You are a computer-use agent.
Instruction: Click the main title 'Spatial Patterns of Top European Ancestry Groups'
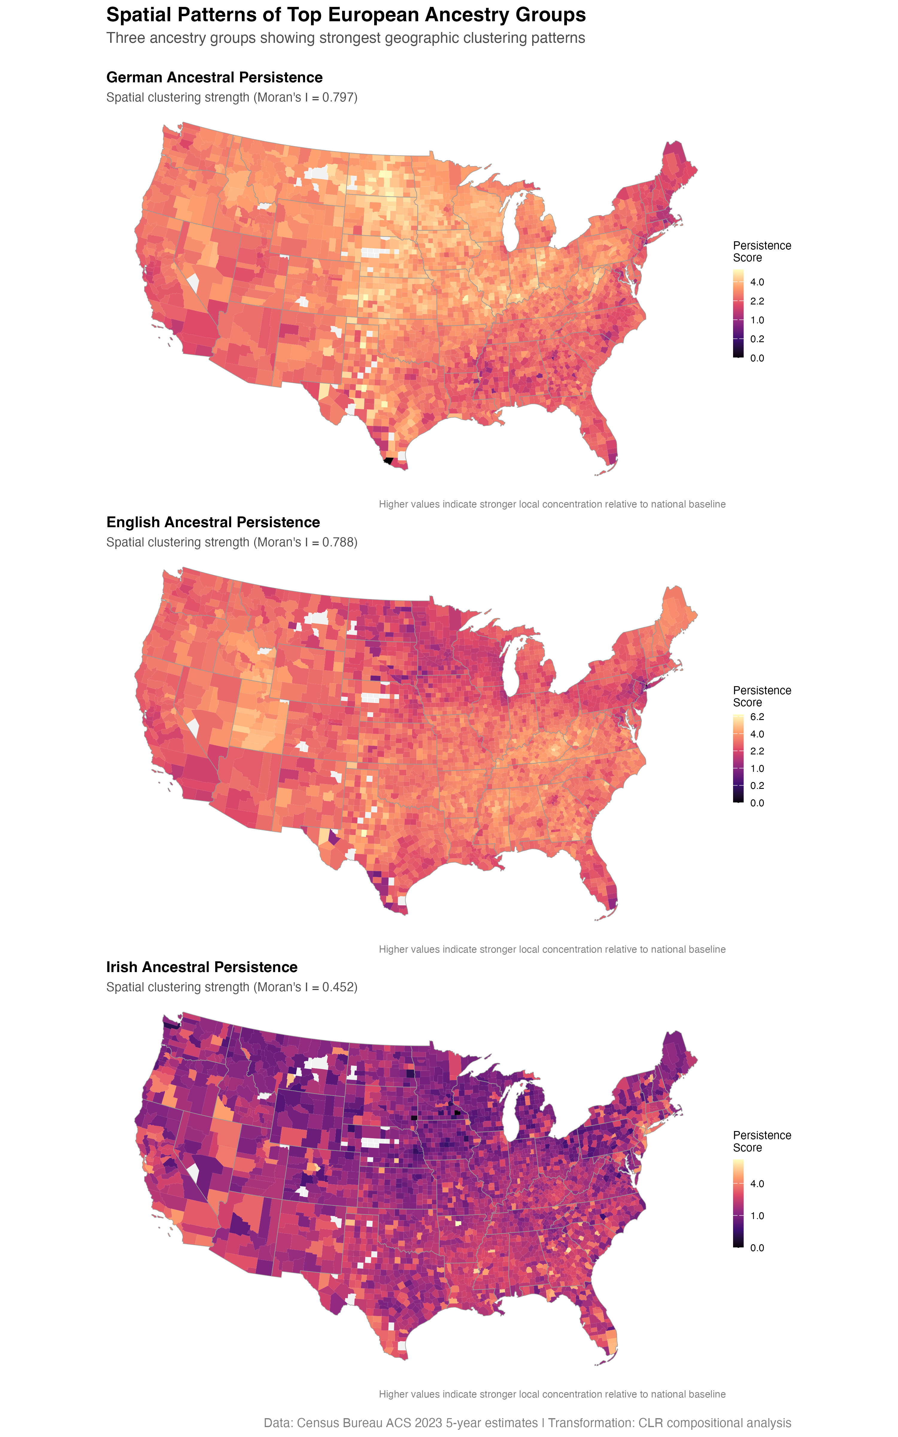(346, 15)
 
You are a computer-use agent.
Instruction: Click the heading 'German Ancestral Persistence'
(214, 78)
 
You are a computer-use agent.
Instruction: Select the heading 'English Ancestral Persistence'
(213, 522)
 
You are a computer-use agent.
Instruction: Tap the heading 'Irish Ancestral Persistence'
(202, 967)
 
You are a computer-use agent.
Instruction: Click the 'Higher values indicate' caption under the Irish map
(552, 1394)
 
